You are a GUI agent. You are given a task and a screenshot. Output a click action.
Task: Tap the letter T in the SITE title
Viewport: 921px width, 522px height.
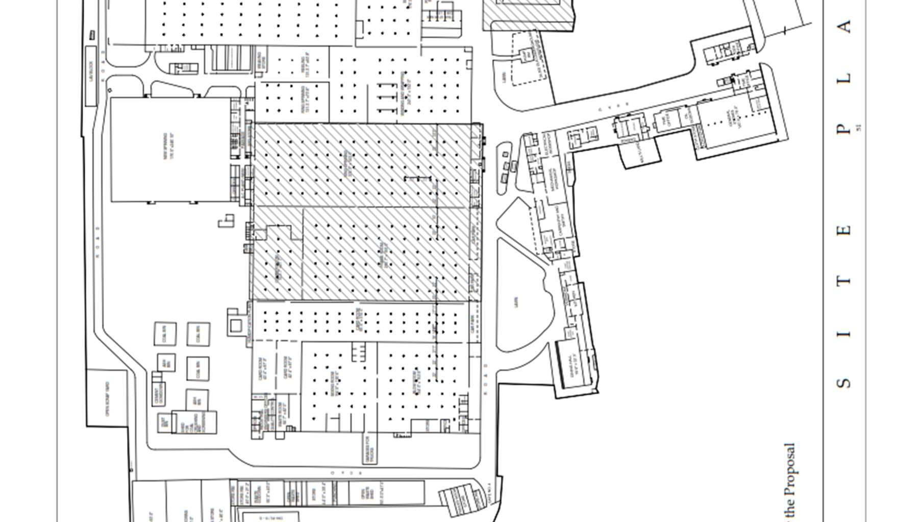pyautogui.click(x=845, y=280)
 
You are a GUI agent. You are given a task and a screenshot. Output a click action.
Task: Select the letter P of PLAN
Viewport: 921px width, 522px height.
pyautogui.click(x=845, y=129)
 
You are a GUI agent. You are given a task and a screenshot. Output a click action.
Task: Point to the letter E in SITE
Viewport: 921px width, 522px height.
pyautogui.click(x=845, y=230)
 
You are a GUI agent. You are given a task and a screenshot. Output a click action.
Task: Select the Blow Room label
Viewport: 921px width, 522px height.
pyautogui.click(x=416, y=381)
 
